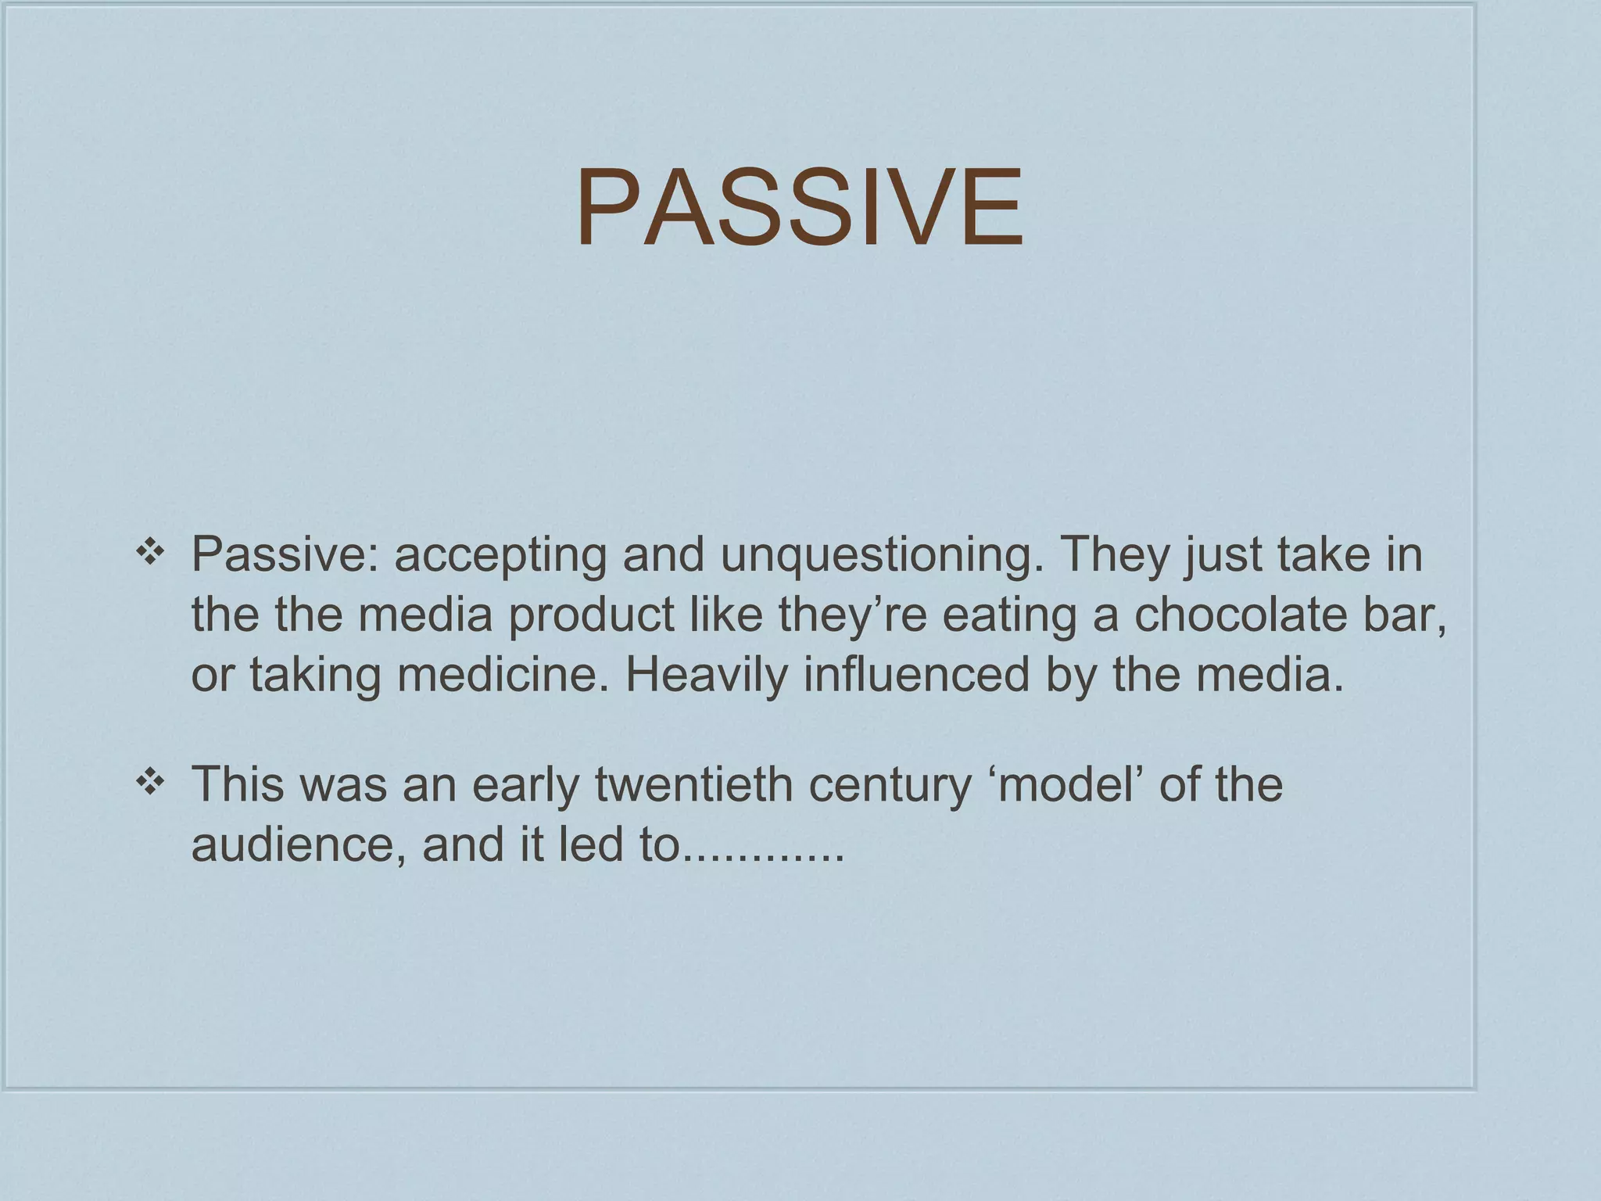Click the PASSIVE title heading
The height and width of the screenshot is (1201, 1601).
tap(800, 208)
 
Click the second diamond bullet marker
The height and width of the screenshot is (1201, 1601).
tap(149, 783)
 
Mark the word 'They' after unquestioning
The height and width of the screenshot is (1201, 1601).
tap(1113, 555)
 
